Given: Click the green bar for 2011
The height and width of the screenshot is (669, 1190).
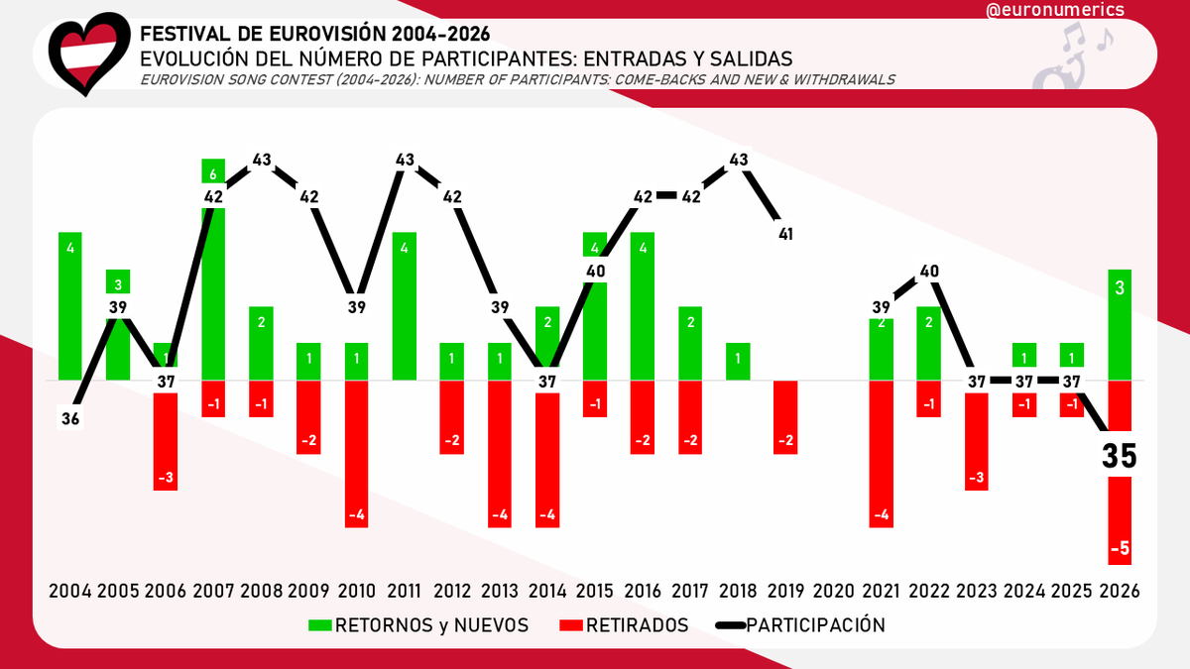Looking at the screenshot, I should coord(405,306).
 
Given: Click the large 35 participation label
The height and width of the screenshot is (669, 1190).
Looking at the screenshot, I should coord(1121,456).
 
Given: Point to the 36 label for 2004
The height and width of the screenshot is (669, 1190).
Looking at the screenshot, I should coord(69,419).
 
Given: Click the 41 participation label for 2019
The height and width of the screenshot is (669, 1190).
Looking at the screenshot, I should coord(784,234).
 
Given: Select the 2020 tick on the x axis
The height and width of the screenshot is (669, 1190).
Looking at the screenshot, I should coord(833,591).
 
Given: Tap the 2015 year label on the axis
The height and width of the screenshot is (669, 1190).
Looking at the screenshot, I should coord(594,591).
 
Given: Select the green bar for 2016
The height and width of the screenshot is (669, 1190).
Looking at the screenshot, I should coord(643,306).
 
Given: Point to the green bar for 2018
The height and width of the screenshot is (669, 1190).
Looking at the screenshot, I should coord(738,361).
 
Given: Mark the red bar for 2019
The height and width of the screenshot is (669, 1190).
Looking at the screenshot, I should coord(785,417).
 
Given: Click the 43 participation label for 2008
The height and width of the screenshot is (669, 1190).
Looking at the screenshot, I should coord(262,160).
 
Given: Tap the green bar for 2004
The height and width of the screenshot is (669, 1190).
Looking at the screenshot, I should coord(71,306).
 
